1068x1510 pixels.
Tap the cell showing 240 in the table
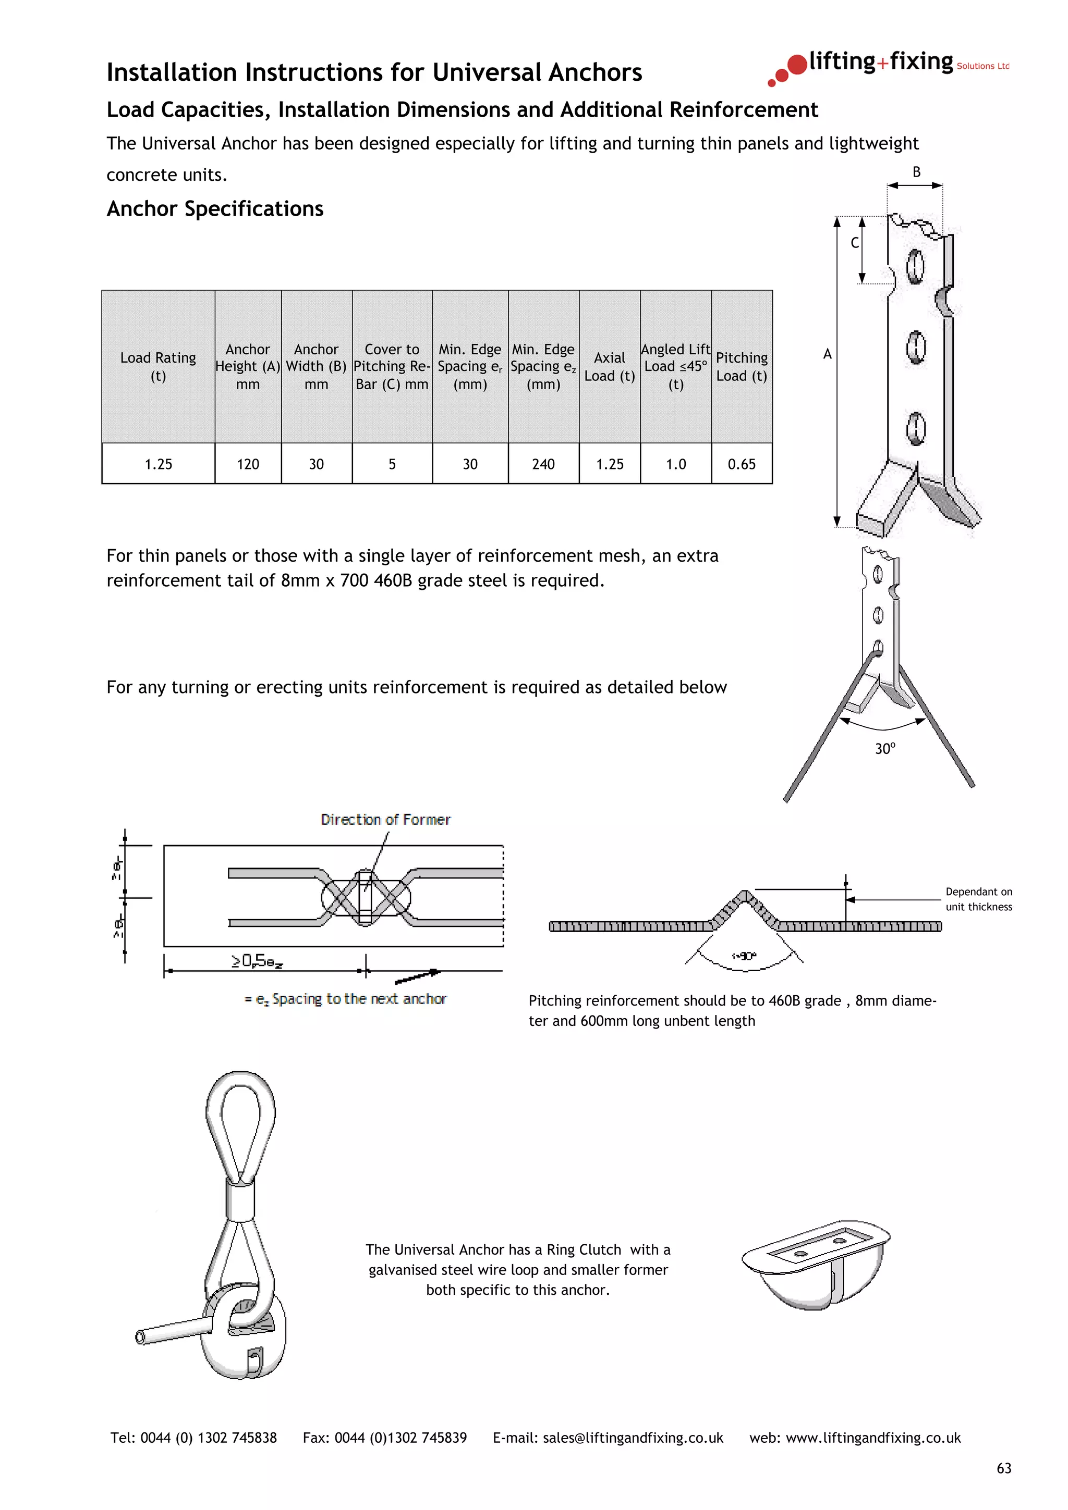coord(543,464)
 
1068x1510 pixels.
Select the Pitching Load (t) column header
coord(742,366)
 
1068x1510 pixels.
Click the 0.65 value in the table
coord(742,464)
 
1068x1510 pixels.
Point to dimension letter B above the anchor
coord(916,172)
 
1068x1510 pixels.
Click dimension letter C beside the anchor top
coord(854,243)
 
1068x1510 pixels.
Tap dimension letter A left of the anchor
coord(827,354)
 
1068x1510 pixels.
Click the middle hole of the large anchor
coord(915,346)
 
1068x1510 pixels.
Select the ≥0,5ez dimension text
coord(257,961)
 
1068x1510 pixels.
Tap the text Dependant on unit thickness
coord(978,899)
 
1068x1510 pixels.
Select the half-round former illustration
coord(816,1266)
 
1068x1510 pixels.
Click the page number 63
coord(1003,1468)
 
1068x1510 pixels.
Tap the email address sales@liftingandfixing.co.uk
coord(633,1438)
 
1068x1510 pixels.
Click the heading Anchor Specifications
coord(215,208)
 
